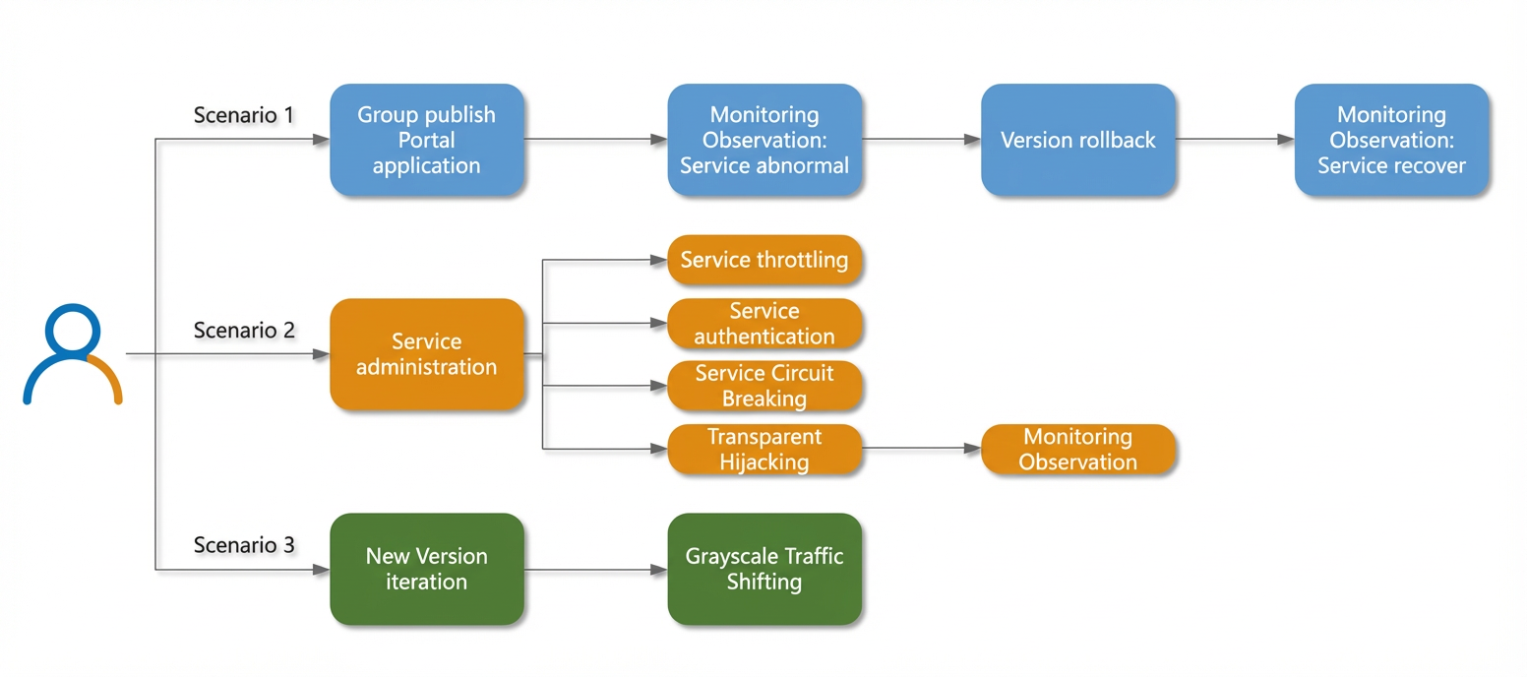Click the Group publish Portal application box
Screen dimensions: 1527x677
coord(427,140)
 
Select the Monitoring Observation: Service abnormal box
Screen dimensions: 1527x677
coord(764,140)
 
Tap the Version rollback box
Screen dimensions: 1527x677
coord(1077,140)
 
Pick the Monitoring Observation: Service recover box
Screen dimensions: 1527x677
coord(1391,140)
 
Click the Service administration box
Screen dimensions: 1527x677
coord(427,354)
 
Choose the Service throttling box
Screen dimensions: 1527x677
coord(764,260)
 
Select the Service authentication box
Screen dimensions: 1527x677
coord(764,323)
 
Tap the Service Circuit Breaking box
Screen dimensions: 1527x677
coord(764,386)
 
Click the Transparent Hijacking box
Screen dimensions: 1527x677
coord(764,450)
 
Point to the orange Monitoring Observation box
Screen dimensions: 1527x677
coord(1077,450)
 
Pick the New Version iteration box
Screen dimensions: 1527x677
coord(427,570)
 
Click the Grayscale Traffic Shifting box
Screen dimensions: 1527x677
coord(764,570)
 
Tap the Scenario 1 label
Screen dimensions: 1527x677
coord(243,114)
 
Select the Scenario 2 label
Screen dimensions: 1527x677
coord(244,330)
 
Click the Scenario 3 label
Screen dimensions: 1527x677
coord(244,545)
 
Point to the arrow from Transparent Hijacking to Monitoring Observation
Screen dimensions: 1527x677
coord(921,449)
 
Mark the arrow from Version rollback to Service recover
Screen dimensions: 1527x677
coord(1235,139)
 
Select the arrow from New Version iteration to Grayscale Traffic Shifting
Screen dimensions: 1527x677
coord(596,570)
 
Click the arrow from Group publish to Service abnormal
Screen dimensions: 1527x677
coord(596,139)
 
